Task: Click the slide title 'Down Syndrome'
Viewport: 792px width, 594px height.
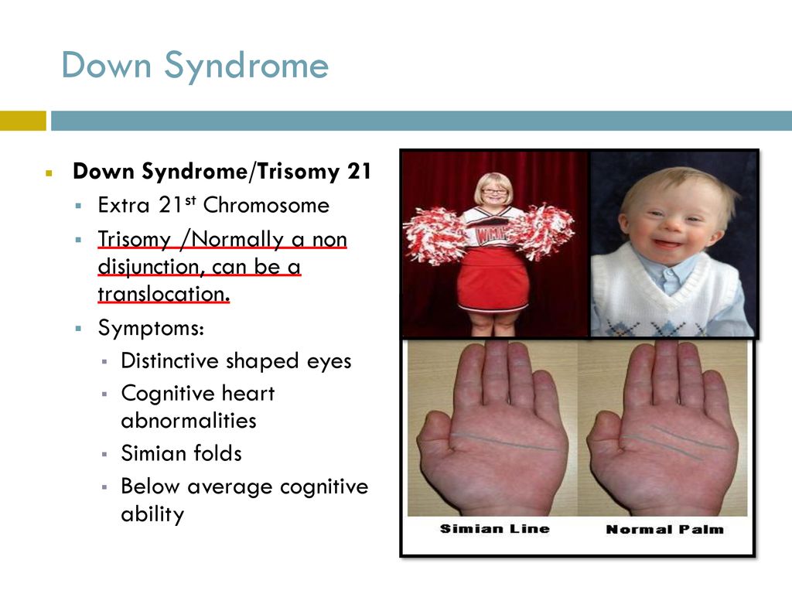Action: (195, 66)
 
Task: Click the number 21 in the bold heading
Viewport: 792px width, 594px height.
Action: (359, 171)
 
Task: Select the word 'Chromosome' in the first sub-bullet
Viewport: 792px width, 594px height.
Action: (266, 205)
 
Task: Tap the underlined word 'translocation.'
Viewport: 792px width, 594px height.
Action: (164, 293)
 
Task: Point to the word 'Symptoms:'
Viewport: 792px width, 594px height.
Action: (151, 328)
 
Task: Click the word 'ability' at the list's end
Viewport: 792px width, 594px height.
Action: (152, 514)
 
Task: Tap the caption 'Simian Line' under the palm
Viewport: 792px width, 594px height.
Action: (494, 529)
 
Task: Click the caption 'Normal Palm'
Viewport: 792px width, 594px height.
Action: (664, 529)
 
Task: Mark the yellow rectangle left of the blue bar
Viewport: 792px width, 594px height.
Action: (22, 121)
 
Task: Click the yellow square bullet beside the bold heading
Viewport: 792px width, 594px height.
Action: (49, 173)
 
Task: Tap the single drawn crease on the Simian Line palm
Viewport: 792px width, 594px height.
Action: (505, 442)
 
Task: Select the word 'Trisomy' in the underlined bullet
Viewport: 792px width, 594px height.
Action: (135, 239)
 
